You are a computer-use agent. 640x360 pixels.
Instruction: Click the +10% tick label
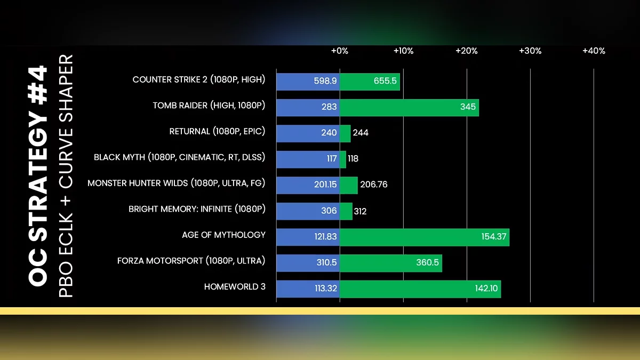403,51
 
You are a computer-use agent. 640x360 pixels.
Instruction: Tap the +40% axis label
594,51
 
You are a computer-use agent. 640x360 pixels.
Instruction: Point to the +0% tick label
340,51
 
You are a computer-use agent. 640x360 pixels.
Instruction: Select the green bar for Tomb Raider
409,107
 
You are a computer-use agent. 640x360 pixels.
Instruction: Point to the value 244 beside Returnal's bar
361,133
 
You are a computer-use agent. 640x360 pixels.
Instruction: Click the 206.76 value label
374,185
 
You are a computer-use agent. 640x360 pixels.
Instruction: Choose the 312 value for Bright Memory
360,211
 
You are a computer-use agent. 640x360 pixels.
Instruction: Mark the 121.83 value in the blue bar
325,236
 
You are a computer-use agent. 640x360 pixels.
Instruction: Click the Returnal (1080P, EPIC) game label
217,131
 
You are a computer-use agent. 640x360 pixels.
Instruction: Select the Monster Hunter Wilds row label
177,183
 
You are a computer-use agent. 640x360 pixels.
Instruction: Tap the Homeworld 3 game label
235,287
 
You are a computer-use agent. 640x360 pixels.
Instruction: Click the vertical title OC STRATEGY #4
38,176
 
